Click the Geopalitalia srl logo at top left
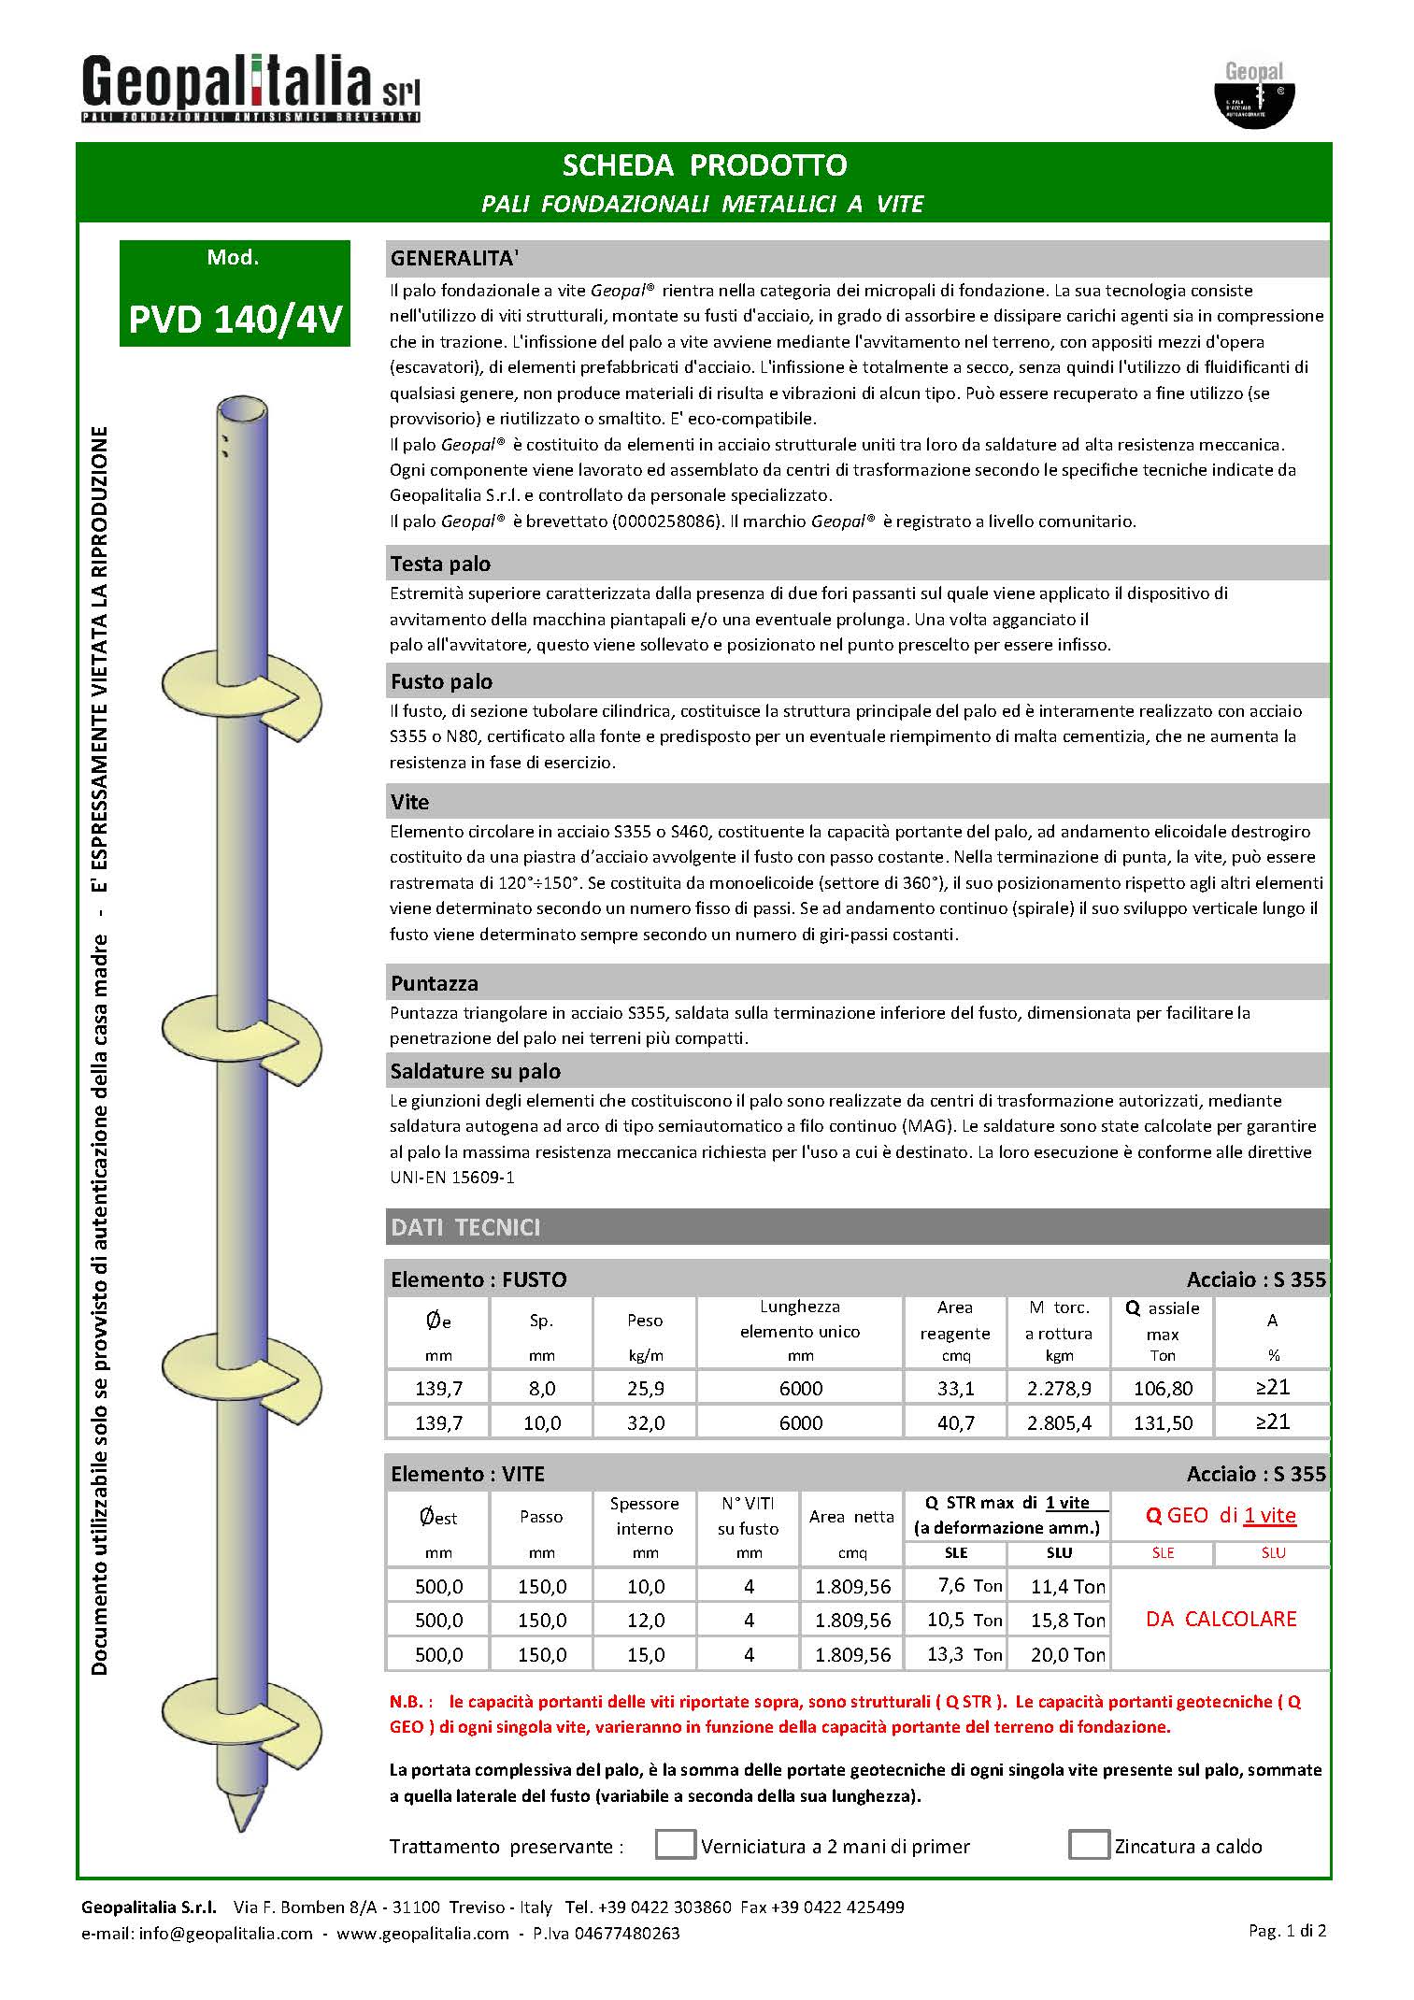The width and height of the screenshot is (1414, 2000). tap(250, 87)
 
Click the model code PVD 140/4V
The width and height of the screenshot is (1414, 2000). tap(236, 320)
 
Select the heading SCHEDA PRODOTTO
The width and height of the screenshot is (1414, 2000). tap(704, 165)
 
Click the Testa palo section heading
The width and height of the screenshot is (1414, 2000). tap(440, 564)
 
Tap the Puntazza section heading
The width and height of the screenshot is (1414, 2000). tap(434, 983)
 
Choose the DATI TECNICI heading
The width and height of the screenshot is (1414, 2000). tap(465, 1227)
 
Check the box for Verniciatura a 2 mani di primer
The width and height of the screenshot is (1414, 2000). tap(675, 1844)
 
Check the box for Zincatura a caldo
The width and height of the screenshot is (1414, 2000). tap(1088, 1844)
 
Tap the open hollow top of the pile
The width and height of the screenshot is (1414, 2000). tap(241, 410)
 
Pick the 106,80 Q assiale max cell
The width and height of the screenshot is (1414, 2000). tap(1163, 1389)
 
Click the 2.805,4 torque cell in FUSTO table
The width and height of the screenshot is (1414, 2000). tap(1059, 1423)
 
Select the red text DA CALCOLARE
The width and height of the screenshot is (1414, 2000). tap(1221, 1619)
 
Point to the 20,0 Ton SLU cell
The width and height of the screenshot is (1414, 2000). tap(1067, 1654)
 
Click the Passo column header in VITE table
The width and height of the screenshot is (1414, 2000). tap(541, 1517)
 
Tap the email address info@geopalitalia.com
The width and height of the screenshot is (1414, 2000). tap(225, 1933)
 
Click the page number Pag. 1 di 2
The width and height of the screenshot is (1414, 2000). tap(1287, 1930)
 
